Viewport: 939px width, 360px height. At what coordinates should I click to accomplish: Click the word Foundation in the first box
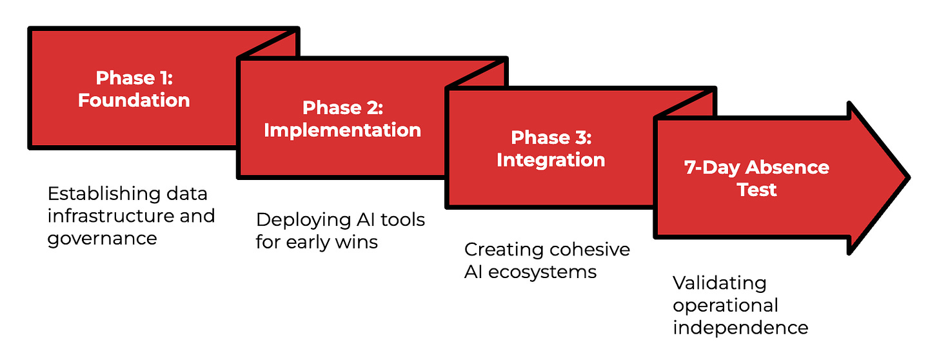(134, 100)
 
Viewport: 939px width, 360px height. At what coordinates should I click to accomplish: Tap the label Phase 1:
(134, 78)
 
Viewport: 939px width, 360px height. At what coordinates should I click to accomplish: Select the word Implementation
(342, 130)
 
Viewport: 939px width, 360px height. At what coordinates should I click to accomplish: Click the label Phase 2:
(342, 107)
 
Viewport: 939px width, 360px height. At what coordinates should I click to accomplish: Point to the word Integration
(551, 159)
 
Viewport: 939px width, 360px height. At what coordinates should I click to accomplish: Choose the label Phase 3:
(551, 137)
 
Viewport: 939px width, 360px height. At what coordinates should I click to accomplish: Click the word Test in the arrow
(758, 190)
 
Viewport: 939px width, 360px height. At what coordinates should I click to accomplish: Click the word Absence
(788, 168)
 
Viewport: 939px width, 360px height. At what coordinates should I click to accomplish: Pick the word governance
(102, 238)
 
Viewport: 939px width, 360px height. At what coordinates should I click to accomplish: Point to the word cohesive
(589, 250)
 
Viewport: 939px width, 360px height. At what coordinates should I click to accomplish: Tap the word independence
(740, 327)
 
